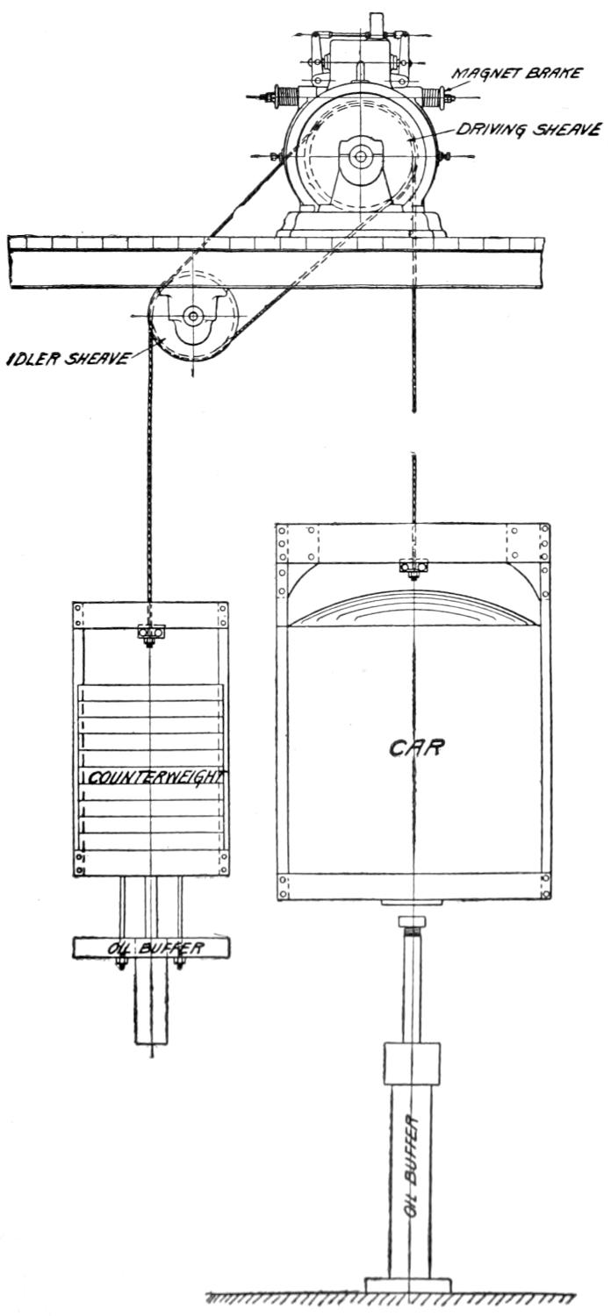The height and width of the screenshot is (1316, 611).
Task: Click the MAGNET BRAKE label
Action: click(x=517, y=73)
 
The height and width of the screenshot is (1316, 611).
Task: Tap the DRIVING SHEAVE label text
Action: click(x=529, y=129)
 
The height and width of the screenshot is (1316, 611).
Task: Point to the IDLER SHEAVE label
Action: click(x=67, y=358)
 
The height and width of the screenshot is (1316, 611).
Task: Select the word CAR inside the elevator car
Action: click(x=417, y=747)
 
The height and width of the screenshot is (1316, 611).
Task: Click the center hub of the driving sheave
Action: click(x=359, y=156)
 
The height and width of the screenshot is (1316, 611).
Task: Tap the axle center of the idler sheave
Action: click(x=192, y=316)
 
